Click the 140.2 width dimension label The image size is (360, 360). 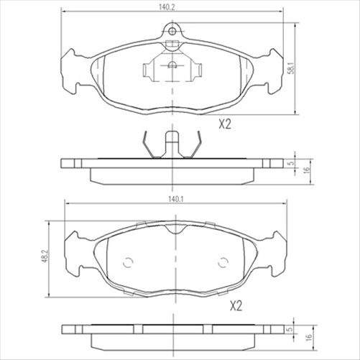[x=167, y=7]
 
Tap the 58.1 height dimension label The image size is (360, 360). [x=291, y=68]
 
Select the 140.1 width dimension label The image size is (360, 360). [x=176, y=199]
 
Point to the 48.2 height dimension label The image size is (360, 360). [x=45, y=256]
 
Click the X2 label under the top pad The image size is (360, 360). [x=225, y=124]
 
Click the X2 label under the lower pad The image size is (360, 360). [x=236, y=306]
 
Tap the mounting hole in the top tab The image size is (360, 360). [x=172, y=31]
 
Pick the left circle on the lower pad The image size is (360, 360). [x=128, y=263]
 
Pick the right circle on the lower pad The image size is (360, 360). [x=223, y=263]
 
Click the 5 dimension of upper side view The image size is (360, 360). [x=291, y=164]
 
